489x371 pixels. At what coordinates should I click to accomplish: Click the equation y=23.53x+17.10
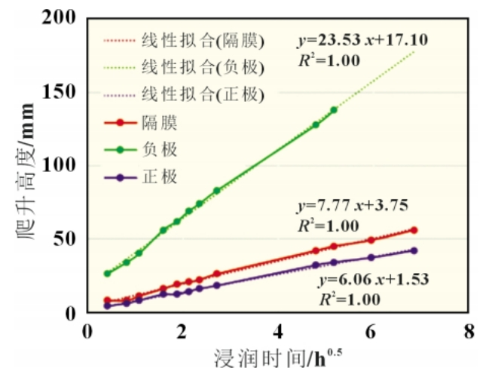pos(361,40)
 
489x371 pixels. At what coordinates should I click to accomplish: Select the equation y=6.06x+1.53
pos(372,279)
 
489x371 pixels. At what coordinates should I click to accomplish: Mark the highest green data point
pos(334,110)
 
